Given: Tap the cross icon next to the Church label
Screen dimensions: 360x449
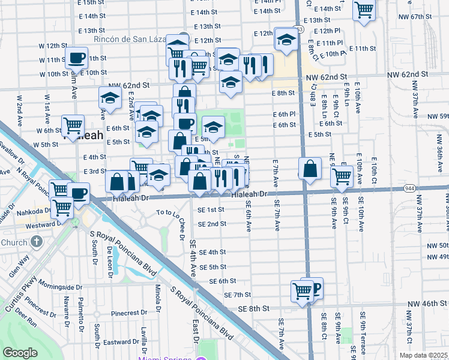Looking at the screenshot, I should (x=37, y=242).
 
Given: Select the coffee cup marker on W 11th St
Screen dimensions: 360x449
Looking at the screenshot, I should (x=76, y=58).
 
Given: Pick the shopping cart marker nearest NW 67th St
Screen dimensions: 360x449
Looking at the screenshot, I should (x=364, y=10).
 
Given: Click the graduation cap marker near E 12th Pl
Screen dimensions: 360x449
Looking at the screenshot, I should (x=286, y=39).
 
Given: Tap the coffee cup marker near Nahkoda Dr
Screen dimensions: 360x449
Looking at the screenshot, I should (x=78, y=193).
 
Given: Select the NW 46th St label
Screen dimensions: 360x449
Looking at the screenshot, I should (x=427, y=305).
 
